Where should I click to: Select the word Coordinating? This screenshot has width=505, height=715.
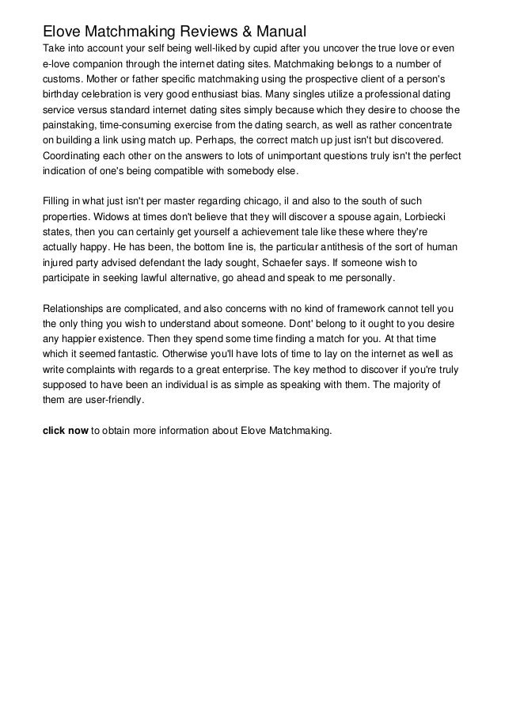pyautogui.click(x=74, y=157)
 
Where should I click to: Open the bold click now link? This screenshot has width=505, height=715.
pyautogui.click(x=65, y=431)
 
